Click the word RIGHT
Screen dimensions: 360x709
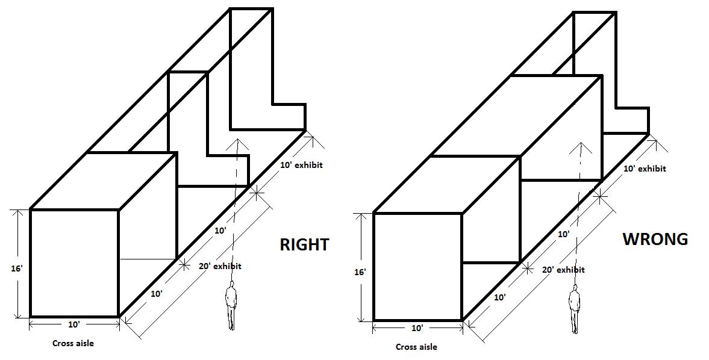click(304, 244)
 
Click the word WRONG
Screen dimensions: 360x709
click(655, 239)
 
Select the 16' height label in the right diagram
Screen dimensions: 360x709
click(360, 272)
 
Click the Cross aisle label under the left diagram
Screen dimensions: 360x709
click(73, 343)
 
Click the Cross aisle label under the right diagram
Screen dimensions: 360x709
click(416, 347)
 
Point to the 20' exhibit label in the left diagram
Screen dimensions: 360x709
click(220, 265)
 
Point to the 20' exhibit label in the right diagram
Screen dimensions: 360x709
click(563, 270)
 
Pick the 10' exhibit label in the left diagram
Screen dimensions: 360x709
click(301, 164)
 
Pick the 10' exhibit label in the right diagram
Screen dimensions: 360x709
click(645, 169)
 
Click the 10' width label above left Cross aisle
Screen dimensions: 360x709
click(73, 324)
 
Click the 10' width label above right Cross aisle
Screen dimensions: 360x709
click(417, 328)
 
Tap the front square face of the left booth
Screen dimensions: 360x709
click(74, 262)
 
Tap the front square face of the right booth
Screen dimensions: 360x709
click(417, 266)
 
